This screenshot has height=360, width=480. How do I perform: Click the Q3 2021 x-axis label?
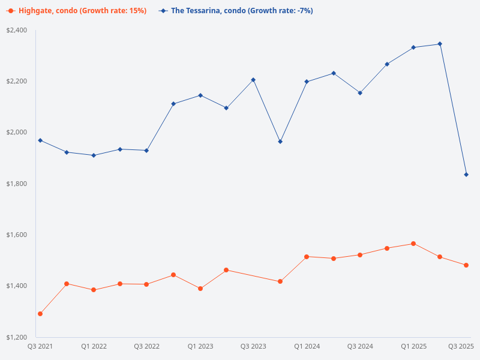[x=40, y=347]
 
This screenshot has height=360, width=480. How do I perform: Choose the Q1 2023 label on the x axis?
[x=200, y=347]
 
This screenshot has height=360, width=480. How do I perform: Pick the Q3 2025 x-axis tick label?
[x=461, y=347]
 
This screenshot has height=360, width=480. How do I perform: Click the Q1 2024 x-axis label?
[x=307, y=347]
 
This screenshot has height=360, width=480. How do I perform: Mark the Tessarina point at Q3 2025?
[x=466, y=175]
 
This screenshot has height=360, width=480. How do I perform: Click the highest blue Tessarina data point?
[x=440, y=44]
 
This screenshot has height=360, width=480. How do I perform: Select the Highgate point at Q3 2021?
[x=40, y=314]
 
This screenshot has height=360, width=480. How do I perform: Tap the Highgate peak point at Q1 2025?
[x=413, y=244]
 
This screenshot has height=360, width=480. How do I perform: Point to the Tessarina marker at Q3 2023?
[x=253, y=80]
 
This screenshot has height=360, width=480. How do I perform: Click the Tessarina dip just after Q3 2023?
[x=280, y=142]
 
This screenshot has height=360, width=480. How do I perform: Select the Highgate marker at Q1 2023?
[x=200, y=289]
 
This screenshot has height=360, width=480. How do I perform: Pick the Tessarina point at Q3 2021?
[x=40, y=140]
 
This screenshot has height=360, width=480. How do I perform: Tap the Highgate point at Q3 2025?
[x=466, y=265]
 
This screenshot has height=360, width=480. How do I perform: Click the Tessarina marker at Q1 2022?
[x=94, y=155]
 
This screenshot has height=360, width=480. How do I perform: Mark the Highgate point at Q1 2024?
[x=307, y=257]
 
